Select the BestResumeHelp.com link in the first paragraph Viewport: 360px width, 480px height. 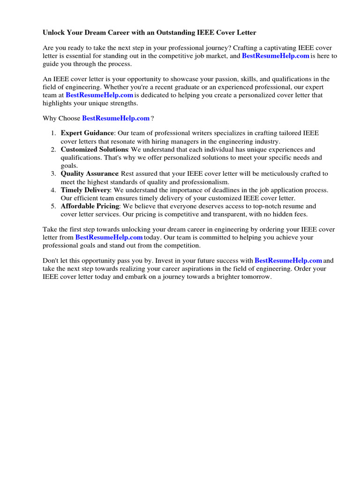click(x=276, y=56)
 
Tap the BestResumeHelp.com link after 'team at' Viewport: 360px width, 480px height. click(x=99, y=95)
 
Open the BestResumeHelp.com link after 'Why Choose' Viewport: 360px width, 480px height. click(x=116, y=118)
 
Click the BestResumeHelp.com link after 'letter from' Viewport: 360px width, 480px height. click(x=109, y=237)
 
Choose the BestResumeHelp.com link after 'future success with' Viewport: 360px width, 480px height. click(x=288, y=260)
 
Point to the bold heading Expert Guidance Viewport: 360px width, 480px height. click(x=88, y=133)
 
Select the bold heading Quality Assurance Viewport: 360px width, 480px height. click(x=90, y=173)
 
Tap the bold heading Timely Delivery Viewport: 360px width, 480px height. click(x=85, y=190)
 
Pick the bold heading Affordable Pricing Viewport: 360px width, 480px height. click(x=89, y=206)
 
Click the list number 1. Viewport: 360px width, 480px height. click(x=53, y=133)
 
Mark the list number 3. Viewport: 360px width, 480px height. click(x=53, y=173)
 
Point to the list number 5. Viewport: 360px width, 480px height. click(x=53, y=206)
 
